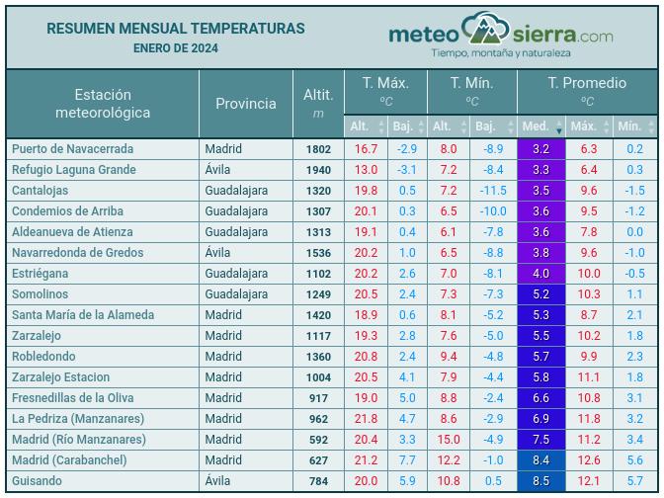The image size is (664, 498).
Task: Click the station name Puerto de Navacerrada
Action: tap(86, 149)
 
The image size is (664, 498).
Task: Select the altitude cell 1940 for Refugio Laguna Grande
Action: tap(318, 170)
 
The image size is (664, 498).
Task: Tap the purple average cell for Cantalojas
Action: tap(540, 191)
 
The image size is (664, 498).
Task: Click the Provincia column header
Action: tap(246, 104)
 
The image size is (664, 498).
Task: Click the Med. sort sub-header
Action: tap(539, 126)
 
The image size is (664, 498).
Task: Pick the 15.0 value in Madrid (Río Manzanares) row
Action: tap(449, 440)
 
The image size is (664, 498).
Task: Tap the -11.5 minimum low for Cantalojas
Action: tap(492, 191)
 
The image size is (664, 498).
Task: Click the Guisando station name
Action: tap(38, 481)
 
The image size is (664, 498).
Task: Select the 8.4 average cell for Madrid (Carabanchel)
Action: tap(540, 460)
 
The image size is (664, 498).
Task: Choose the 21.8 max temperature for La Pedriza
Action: tap(366, 419)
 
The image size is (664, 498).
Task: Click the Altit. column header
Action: tap(318, 104)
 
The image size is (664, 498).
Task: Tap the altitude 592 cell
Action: tap(318, 440)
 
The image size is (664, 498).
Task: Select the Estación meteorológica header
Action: tap(103, 104)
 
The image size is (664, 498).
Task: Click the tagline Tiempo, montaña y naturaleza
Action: tap(501, 51)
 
